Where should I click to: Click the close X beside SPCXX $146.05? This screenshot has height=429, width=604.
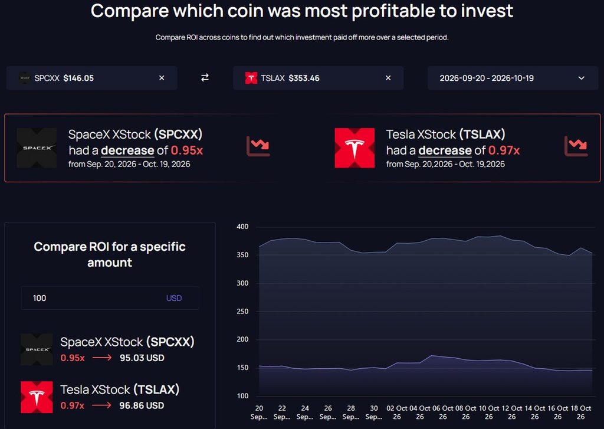pos(162,78)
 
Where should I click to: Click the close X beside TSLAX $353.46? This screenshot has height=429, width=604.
pos(388,78)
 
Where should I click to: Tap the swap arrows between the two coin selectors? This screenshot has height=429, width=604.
pos(205,77)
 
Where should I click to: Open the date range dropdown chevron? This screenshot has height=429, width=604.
pos(581,78)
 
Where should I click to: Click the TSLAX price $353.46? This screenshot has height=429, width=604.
pos(304,78)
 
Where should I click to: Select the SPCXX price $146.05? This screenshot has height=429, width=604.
pos(78,78)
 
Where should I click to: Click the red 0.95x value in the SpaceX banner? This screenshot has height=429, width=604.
pos(187,150)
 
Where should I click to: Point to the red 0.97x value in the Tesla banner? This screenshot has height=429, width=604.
pos(504,150)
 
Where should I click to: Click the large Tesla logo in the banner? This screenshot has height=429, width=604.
pos(354,148)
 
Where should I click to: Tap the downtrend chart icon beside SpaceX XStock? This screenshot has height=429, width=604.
pos(258,146)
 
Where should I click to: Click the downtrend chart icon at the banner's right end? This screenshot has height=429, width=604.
pos(576,146)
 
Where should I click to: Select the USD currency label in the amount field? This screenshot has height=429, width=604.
pos(174,298)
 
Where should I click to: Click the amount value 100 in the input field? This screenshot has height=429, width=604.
pos(40,298)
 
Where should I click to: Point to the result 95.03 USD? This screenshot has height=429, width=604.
pos(142,358)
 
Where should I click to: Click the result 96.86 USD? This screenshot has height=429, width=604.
pos(142,405)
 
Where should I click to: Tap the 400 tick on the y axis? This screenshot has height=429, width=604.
pos(242,227)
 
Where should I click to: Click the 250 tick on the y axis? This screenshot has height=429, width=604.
pos(242,311)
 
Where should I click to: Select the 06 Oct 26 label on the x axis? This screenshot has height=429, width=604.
pos(442,412)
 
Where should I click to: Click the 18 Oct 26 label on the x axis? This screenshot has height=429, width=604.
pos(580,412)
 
